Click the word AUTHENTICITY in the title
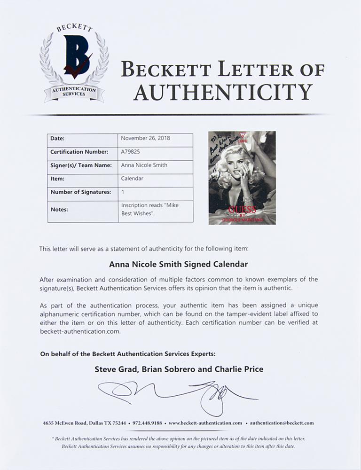click(223, 92)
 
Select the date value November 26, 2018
click(145, 139)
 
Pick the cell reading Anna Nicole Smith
click(144, 165)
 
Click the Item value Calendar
click(132, 179)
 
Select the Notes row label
click(59, 210)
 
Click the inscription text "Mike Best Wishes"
click(149, 210)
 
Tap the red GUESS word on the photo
click(242, 210)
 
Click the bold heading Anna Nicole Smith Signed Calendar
click(180, 264)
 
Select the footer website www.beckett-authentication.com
click(205, 423)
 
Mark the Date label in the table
click(57, 139)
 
